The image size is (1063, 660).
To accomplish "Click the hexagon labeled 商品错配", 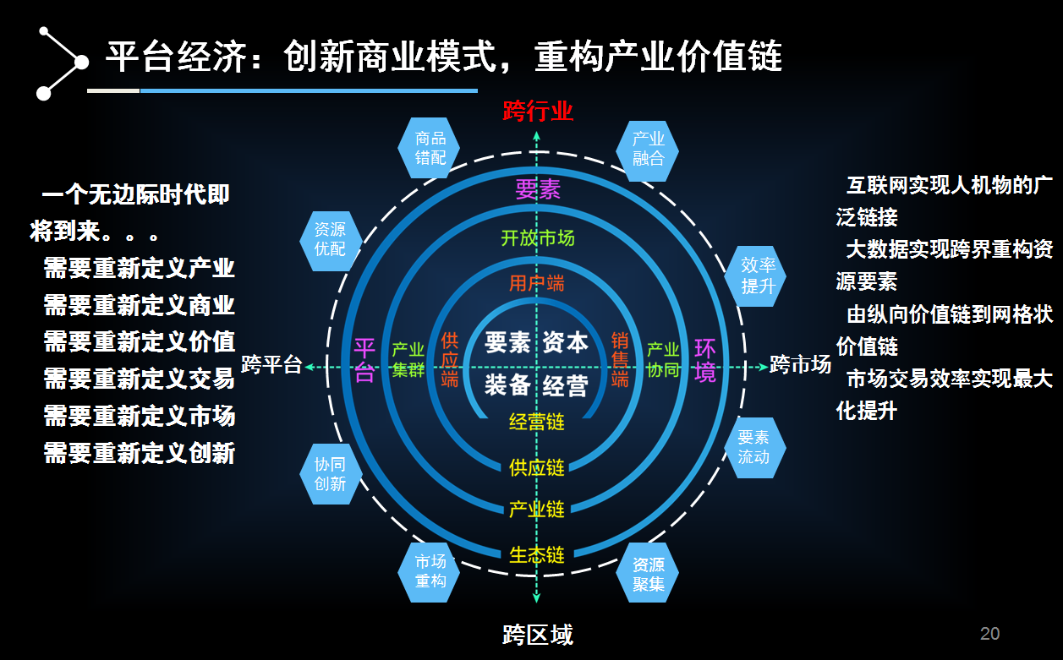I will [430, 148].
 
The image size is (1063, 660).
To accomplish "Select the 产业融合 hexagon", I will [648, 148].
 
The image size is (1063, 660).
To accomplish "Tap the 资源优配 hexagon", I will [330, 239].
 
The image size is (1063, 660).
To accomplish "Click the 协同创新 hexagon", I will [330, 474].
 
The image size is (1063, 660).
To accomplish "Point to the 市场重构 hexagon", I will [430, 571].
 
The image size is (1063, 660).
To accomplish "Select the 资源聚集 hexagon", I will [648, 573].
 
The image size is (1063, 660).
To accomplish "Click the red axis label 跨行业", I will [538, 111].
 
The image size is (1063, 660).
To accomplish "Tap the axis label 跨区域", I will [538, 635].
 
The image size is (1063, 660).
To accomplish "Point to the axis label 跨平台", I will [271, 365].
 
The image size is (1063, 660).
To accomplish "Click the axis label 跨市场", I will [800, 365].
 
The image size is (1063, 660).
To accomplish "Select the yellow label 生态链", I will [537, 555].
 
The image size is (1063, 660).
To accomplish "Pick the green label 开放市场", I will [537, 238].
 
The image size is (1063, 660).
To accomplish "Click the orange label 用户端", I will [537, 283].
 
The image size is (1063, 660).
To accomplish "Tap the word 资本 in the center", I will [566, 342].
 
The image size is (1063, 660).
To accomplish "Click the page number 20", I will [989, 634].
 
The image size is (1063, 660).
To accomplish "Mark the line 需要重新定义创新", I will [140, 454].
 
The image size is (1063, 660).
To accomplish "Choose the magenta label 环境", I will [704, 361].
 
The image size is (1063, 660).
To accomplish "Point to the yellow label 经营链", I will [537, 422].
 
